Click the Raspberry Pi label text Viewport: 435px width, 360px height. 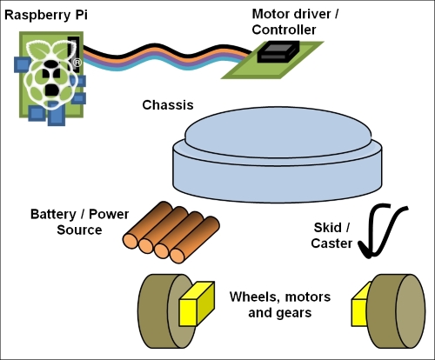pos(46,15)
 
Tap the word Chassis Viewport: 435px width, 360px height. pos(168,105)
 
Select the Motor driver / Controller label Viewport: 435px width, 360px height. pos(295,22)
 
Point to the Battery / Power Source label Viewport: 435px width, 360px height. pos(79,222)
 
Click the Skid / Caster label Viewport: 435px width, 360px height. pos(331,236)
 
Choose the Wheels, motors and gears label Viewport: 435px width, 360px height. pos(280,304)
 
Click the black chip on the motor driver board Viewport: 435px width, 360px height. pos(278,51)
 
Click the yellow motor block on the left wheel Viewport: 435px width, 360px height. pos(197,303)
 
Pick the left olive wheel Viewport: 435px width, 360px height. pos(165,311)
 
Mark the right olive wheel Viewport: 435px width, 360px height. pos(396,311)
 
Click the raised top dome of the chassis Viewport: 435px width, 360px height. pos(278,132)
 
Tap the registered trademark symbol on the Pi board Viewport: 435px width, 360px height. pos(77,63)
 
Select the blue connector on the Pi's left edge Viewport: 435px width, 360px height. pos(22,64)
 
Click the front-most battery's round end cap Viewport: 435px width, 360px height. pos(177,256)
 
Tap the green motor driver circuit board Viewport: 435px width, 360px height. pos(272,60)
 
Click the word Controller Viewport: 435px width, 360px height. pos(284,30)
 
